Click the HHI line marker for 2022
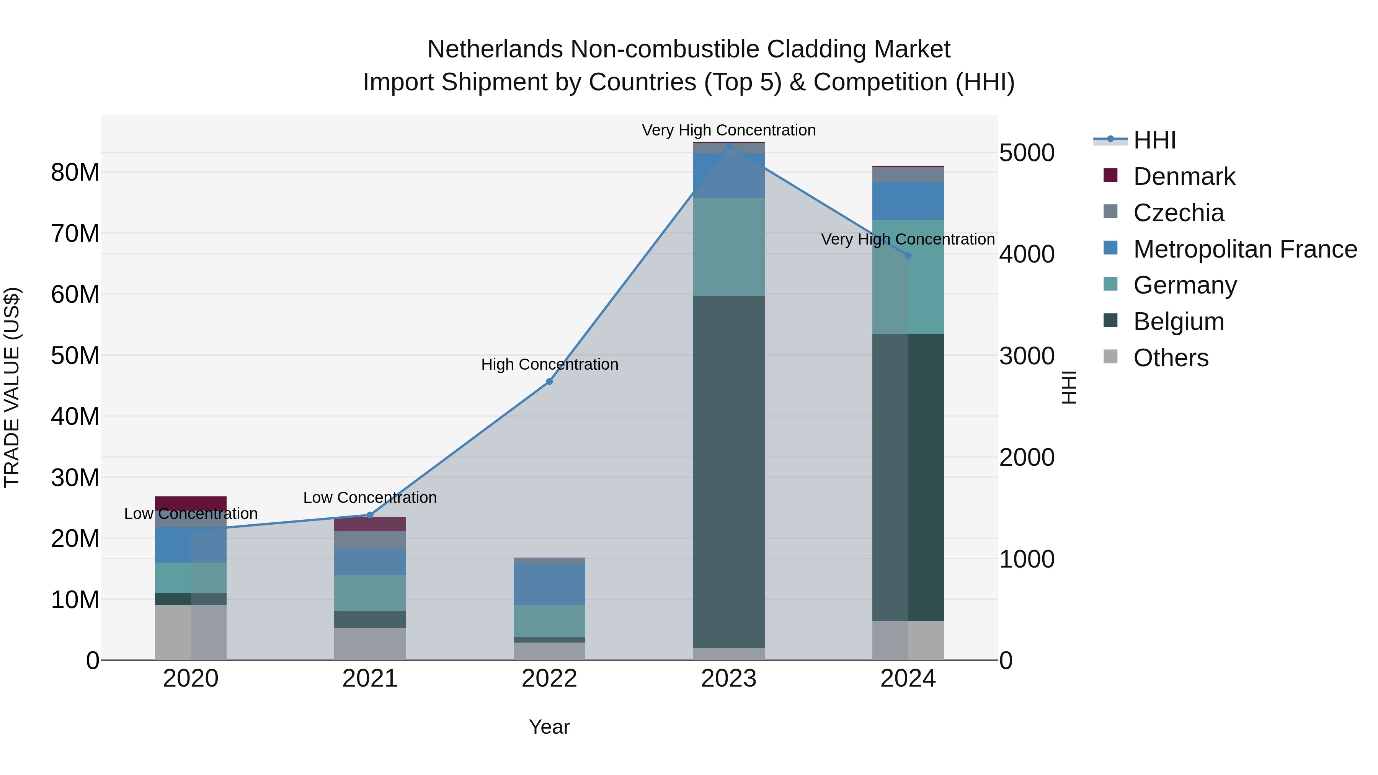click(549, 381)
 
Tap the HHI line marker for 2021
click(370, 515)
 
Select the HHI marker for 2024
click(908, 256)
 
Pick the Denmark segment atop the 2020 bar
click(191, 503)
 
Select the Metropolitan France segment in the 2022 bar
click(549, 584)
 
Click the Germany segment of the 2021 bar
click(370, 592)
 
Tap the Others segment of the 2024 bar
click(908, 640)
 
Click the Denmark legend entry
click(1184, 176)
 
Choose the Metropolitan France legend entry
click(1245, 249)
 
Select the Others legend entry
click(1171, 358)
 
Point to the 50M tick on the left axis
click(75, 356)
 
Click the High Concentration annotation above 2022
click(549, 364)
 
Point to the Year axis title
click(549, 727)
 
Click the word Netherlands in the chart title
click(495, 49)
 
